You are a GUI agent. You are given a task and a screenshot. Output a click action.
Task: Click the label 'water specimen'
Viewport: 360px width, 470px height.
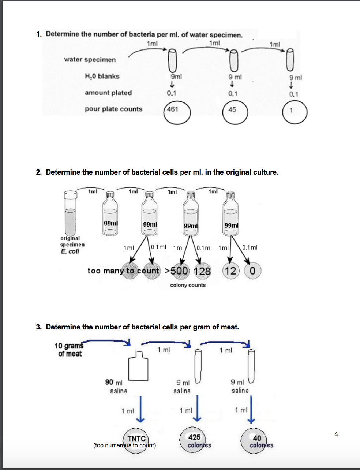pos(90,60)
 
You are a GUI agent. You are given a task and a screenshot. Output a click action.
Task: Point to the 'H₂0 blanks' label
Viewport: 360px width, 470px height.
pos(102,76)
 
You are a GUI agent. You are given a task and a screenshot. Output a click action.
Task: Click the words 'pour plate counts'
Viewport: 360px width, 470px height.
pos(113,109)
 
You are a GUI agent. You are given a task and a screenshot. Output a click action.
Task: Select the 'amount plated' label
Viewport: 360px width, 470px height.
pos(108,93)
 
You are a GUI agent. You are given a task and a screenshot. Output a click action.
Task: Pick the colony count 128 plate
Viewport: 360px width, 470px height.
pos(202,271)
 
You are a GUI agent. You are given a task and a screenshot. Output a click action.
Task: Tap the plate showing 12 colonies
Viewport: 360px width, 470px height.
pos(230,271)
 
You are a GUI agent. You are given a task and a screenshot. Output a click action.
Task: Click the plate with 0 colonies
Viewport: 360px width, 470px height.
pos(252,271)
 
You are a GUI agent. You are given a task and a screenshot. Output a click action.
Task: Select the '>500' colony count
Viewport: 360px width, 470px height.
pos(176,271)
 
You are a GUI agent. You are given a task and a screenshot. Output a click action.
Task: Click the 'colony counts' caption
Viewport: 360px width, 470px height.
pos(188,285)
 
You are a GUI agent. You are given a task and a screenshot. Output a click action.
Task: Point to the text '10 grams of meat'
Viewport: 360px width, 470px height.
pos(69,350)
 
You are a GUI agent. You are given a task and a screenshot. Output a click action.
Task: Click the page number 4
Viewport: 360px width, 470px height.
pos(336,434)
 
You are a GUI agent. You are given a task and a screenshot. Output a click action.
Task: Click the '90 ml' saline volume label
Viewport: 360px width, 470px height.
pos(114,382)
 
